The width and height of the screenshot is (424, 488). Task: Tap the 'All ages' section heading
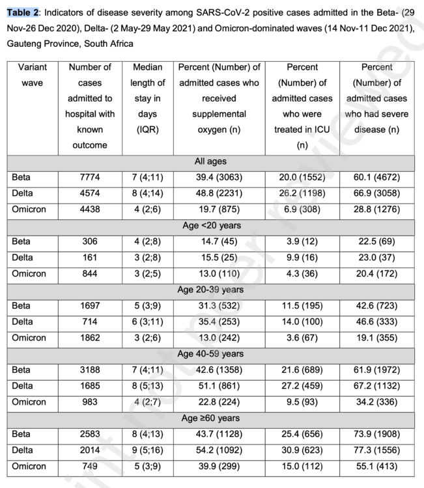210,161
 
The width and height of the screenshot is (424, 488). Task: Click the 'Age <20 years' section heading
210,226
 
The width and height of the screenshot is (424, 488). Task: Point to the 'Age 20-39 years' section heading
210,290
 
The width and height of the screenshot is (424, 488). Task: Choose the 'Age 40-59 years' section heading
210,354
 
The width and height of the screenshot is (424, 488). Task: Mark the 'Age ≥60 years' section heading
210,418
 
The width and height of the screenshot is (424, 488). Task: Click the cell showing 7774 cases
90,177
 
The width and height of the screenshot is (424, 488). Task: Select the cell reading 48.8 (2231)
219,193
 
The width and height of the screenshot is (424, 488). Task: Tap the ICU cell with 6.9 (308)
302,210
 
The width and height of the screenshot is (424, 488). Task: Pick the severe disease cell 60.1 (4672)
376,177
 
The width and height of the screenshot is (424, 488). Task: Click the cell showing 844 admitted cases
90,274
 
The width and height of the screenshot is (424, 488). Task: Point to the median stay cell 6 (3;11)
147,322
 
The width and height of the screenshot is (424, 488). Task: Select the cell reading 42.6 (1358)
219,370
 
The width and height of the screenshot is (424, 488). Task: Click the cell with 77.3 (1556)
376,450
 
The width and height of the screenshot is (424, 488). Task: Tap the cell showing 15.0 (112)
302,466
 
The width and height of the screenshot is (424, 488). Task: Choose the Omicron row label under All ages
29,210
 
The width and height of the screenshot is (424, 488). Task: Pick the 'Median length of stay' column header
147,98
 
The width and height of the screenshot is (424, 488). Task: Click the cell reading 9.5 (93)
302,402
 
